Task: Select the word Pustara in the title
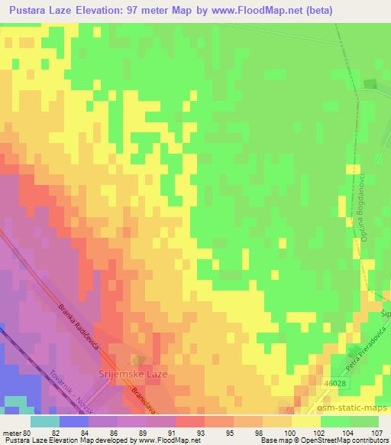point(29,11)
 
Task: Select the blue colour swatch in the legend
point(74,421)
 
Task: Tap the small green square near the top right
point(371,85)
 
